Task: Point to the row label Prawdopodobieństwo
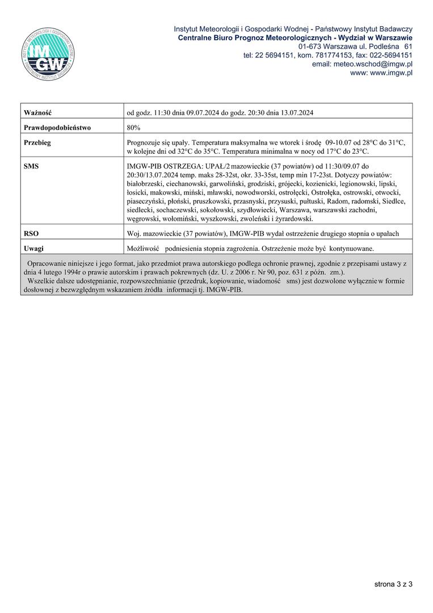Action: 57,128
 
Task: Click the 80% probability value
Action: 134,128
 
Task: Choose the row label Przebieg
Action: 37,142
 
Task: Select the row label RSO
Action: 31,233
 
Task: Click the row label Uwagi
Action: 34,248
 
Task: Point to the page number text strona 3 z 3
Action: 393,583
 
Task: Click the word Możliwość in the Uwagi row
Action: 142,248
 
